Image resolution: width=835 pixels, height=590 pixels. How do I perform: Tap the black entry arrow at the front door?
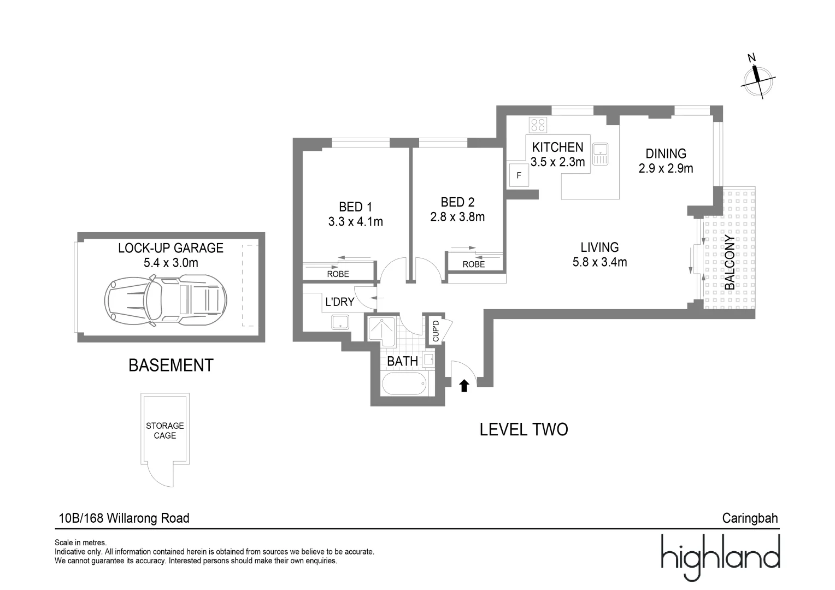(464, 386)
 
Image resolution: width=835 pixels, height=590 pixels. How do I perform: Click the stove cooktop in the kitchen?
(538, 125)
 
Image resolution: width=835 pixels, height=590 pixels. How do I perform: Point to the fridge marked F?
(519, 176)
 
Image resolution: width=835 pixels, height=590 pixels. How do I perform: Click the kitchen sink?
(601, 153)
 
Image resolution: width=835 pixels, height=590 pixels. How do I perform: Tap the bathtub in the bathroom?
(404, 385)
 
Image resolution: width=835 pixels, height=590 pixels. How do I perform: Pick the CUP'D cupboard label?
(436, 331)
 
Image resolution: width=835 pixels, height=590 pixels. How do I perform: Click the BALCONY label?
(730, 262)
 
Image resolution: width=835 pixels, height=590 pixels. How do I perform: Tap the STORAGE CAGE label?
(164, 430)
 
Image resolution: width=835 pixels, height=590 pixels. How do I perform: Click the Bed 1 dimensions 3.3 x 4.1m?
(355, 222)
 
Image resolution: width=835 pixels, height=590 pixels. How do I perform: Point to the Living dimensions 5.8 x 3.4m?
(599, 262)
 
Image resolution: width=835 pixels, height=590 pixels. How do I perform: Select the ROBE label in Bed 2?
(473, 264)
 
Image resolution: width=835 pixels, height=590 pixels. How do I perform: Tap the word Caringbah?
(750, 518)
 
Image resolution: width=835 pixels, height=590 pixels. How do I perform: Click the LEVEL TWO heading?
(524, 429)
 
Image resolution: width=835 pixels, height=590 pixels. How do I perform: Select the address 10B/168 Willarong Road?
(124, 518)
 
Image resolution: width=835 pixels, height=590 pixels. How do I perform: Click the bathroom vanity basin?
(428, 359)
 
